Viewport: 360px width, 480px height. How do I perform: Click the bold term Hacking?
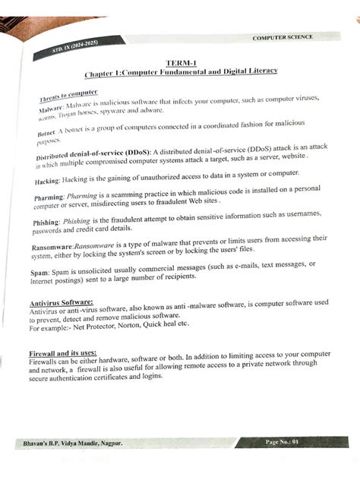pyautogui.click(x=49, y=181)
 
